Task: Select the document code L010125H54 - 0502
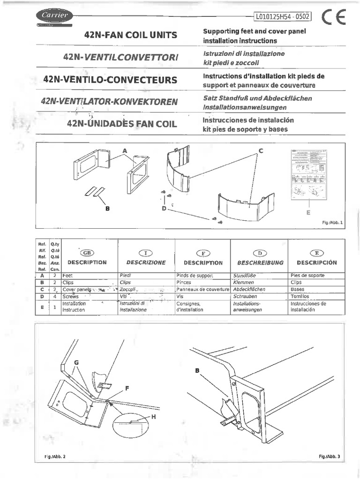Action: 282,17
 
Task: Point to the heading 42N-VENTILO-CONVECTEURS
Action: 110,80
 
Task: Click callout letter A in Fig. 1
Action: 125,150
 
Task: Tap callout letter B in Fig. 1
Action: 107,209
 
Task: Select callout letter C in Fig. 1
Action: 261,150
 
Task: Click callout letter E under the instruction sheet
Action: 308,213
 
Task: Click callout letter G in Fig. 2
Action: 76,362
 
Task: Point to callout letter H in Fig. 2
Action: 153,418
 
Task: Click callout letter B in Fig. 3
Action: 197,370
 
